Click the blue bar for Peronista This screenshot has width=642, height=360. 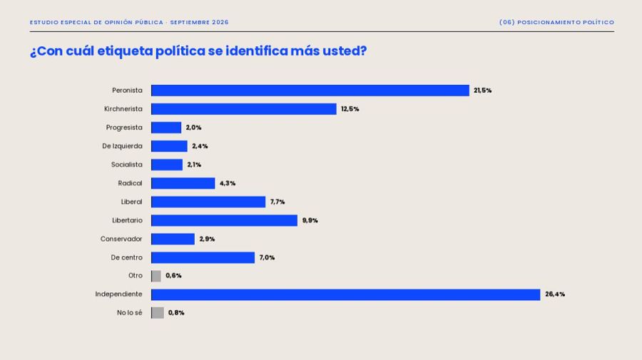(x=310, y=91)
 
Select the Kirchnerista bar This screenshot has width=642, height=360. (x=244, y=109)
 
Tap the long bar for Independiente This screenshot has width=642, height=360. (x=345, y=294)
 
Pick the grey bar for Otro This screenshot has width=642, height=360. (x=156, y=276)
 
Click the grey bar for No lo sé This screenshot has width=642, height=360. (x=158, y=313)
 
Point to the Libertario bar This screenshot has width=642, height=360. (x=224, y=220)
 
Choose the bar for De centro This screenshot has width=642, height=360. (x=203, y=258)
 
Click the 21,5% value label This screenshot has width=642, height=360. (x=483, y=91)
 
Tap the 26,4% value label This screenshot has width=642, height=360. (x=555, y=294)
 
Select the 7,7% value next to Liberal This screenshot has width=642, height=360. (x=277, y=202)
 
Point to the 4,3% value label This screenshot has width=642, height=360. (x=228, y=183)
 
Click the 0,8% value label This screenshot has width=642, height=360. (x=176, y=312)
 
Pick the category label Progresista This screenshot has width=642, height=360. (x=124, y=128)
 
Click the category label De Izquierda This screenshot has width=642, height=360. (x=123, y=146)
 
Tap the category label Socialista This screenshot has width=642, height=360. (x=127, y=165)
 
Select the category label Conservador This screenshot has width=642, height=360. (x=121, y=239)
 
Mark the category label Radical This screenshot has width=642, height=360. (x=131, y=183)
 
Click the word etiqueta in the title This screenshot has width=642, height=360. (x=124, y=51)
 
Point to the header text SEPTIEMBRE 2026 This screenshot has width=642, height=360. (x=200, y=22)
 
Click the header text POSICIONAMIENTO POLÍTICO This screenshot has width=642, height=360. (x=566, y=22)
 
